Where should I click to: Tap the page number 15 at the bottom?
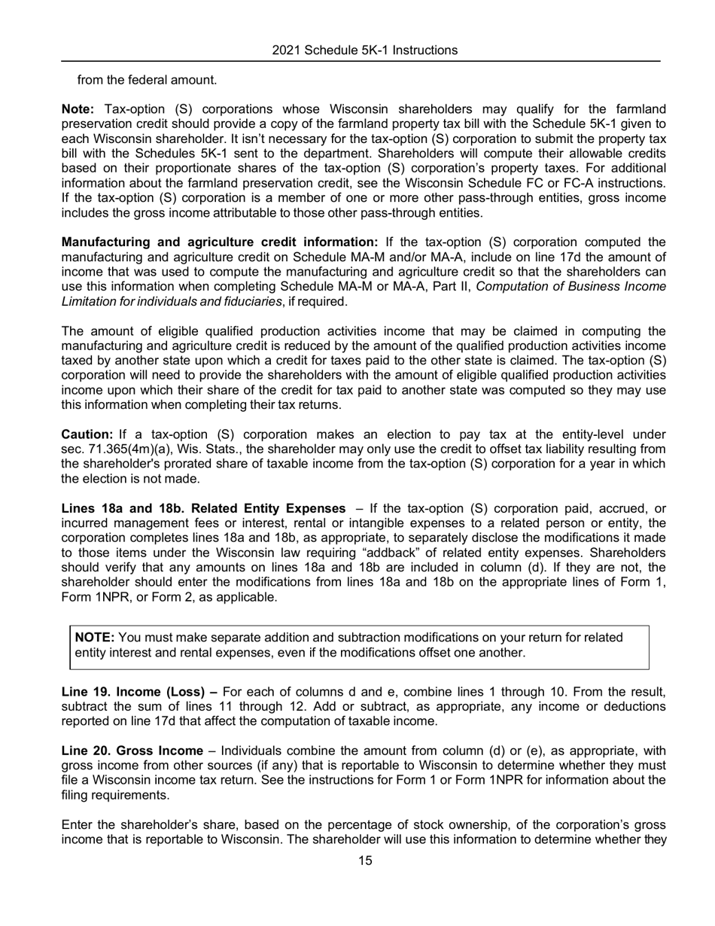click(364, 861)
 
